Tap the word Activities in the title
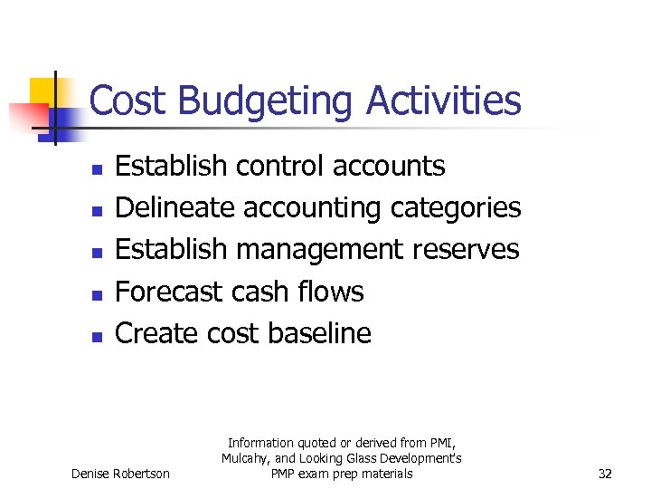(444, 101)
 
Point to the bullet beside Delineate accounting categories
(99, 211)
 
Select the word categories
(456, 207)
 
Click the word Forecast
(169, 292)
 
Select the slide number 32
(606, 474)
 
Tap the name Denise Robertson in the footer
(120, 474)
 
